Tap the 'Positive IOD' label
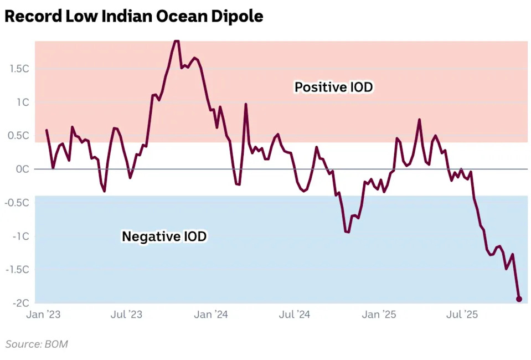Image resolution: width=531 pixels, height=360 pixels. pos(333,87)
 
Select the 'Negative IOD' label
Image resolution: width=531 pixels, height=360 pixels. pos(164,236)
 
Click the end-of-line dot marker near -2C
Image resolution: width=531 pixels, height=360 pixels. pos(519,299)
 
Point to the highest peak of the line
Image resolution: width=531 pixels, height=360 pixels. pos(176,41)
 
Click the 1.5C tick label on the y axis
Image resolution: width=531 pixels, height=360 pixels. pos(19,69)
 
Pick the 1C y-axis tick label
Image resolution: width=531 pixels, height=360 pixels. pos(22,102)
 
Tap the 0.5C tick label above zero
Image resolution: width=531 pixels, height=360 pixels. pos(19,136)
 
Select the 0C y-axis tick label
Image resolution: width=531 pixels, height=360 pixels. pos(22,169)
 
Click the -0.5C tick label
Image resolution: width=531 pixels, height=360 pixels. pos(17,203)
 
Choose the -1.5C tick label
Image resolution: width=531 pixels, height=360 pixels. pos(17,270)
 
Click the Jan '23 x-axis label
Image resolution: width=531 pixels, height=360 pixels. pos(43,315)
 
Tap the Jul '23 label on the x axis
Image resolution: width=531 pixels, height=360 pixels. pos(126,315)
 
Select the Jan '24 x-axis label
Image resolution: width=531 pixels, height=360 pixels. pos(212,315)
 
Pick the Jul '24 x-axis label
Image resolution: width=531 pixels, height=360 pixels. pos(294,315)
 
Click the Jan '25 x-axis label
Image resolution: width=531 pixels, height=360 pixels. pos(379,315)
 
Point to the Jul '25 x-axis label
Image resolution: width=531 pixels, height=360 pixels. pos(462,315)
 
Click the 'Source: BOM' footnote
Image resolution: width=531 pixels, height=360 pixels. pos(37,344)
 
